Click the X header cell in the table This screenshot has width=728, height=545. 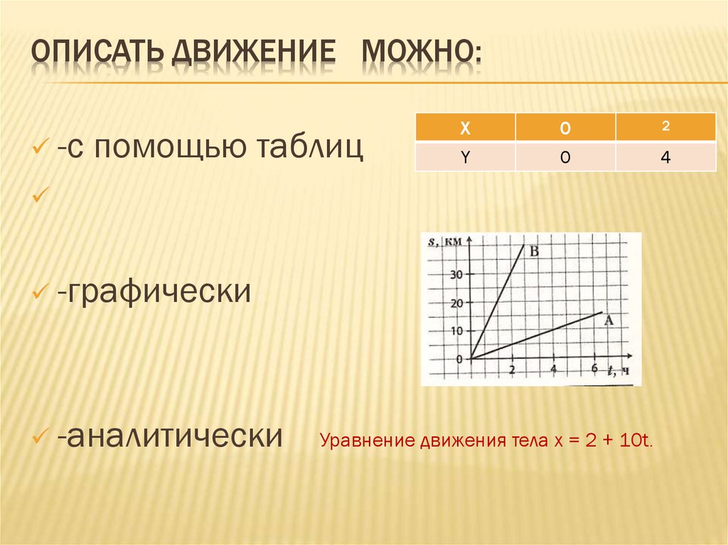click(x=464, y=127)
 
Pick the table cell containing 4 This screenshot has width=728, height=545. click(x=665, y=158)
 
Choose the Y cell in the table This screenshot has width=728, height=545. click(x=464, y=158)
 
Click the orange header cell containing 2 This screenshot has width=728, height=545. click(x=665, y=126)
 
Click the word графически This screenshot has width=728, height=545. click(x=155, y=291)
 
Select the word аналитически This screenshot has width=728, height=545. click(x=169, y=435)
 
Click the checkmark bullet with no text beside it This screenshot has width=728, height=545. click(x=39, y=192)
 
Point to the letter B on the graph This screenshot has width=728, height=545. click(x=535, y=251)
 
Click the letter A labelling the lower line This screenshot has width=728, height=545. click(x=608, y=320)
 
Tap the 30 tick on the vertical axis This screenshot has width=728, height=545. click(x=456, y=275)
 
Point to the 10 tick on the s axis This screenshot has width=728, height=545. click(x=456, y=331)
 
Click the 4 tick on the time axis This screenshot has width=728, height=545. click(x=554, y=369)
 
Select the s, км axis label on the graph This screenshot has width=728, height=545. click(x=445, y=242)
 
